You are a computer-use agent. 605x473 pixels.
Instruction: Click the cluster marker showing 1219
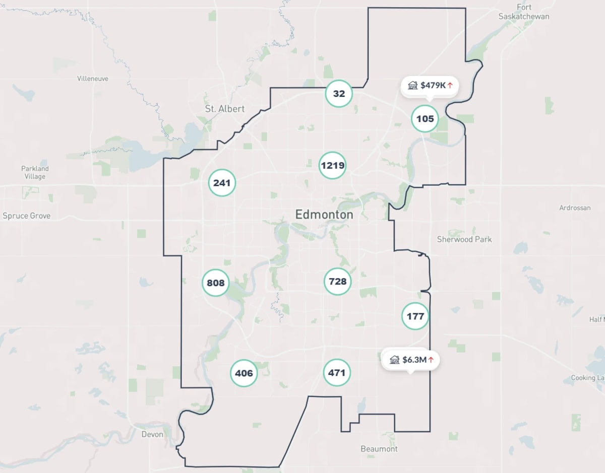tap(333, 165)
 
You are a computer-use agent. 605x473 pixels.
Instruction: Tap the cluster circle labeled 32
tap(339, 94)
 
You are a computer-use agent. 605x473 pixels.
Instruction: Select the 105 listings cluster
tap(425, 119)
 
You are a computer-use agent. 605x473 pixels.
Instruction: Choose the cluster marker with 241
tap(222, 183)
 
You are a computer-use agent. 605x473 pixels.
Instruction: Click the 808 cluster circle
tap(216, 283)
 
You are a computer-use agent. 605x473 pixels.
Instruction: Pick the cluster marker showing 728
tap(337, 281)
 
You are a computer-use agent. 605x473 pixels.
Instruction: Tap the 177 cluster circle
tap(415, 316)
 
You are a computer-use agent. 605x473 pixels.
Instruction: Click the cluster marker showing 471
tap(337, 373)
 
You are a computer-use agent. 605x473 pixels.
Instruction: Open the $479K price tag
tap(430, 86)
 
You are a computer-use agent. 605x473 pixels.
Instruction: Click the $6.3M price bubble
tap(410, 360)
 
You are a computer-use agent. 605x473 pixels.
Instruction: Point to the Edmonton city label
tap(324, 215)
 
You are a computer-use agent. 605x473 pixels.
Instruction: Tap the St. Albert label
tap(225, 109)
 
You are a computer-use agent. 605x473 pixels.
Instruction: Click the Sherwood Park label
tap(464, 239)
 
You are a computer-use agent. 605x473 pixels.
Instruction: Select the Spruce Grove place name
tap(27, 216)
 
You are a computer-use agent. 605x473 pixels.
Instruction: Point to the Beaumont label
tap(379, 449)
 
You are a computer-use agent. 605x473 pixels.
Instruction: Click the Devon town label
tap(152, 434)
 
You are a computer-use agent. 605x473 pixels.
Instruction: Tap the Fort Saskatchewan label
tap(524, 12)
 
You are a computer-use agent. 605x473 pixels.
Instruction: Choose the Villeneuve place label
tap(93, 79)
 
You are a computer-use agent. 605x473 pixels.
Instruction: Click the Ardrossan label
tap(575, 208)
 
